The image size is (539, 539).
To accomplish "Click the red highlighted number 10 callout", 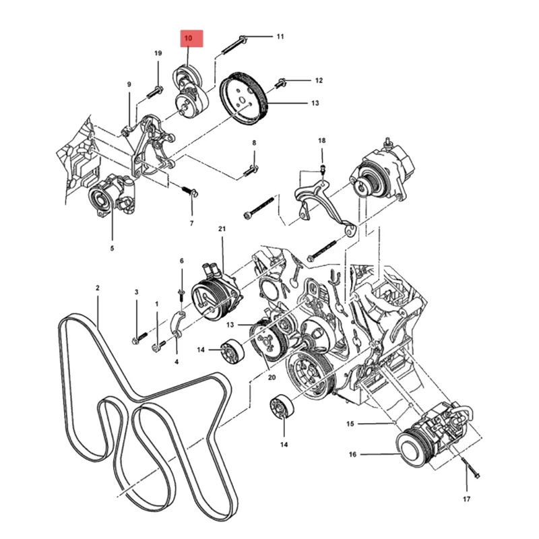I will point(189,39).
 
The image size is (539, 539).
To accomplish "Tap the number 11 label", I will point(280,36).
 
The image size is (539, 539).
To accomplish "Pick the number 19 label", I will point(158,53).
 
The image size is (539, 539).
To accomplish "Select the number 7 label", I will point(191,223).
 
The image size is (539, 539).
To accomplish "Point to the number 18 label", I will point(321,140).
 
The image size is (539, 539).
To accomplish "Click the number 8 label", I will point(254,143).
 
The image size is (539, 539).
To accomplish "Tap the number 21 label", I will point(222,230).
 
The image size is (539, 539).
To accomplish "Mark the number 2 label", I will point(98,288).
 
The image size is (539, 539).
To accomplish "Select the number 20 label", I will point(272,377).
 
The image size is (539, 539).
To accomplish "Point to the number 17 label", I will point(467,499).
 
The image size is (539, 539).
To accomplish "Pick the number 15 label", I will point(350,424).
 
